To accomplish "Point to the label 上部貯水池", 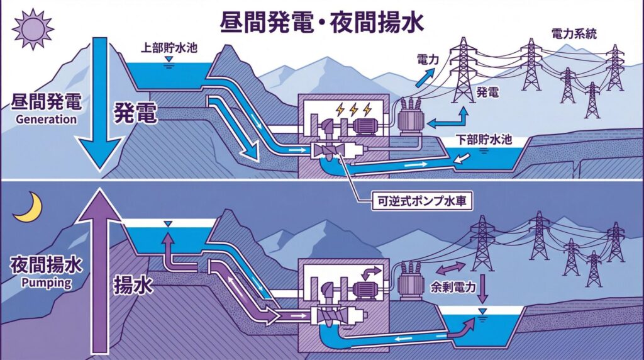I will [166, 48].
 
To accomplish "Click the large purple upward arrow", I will [99, 271].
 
